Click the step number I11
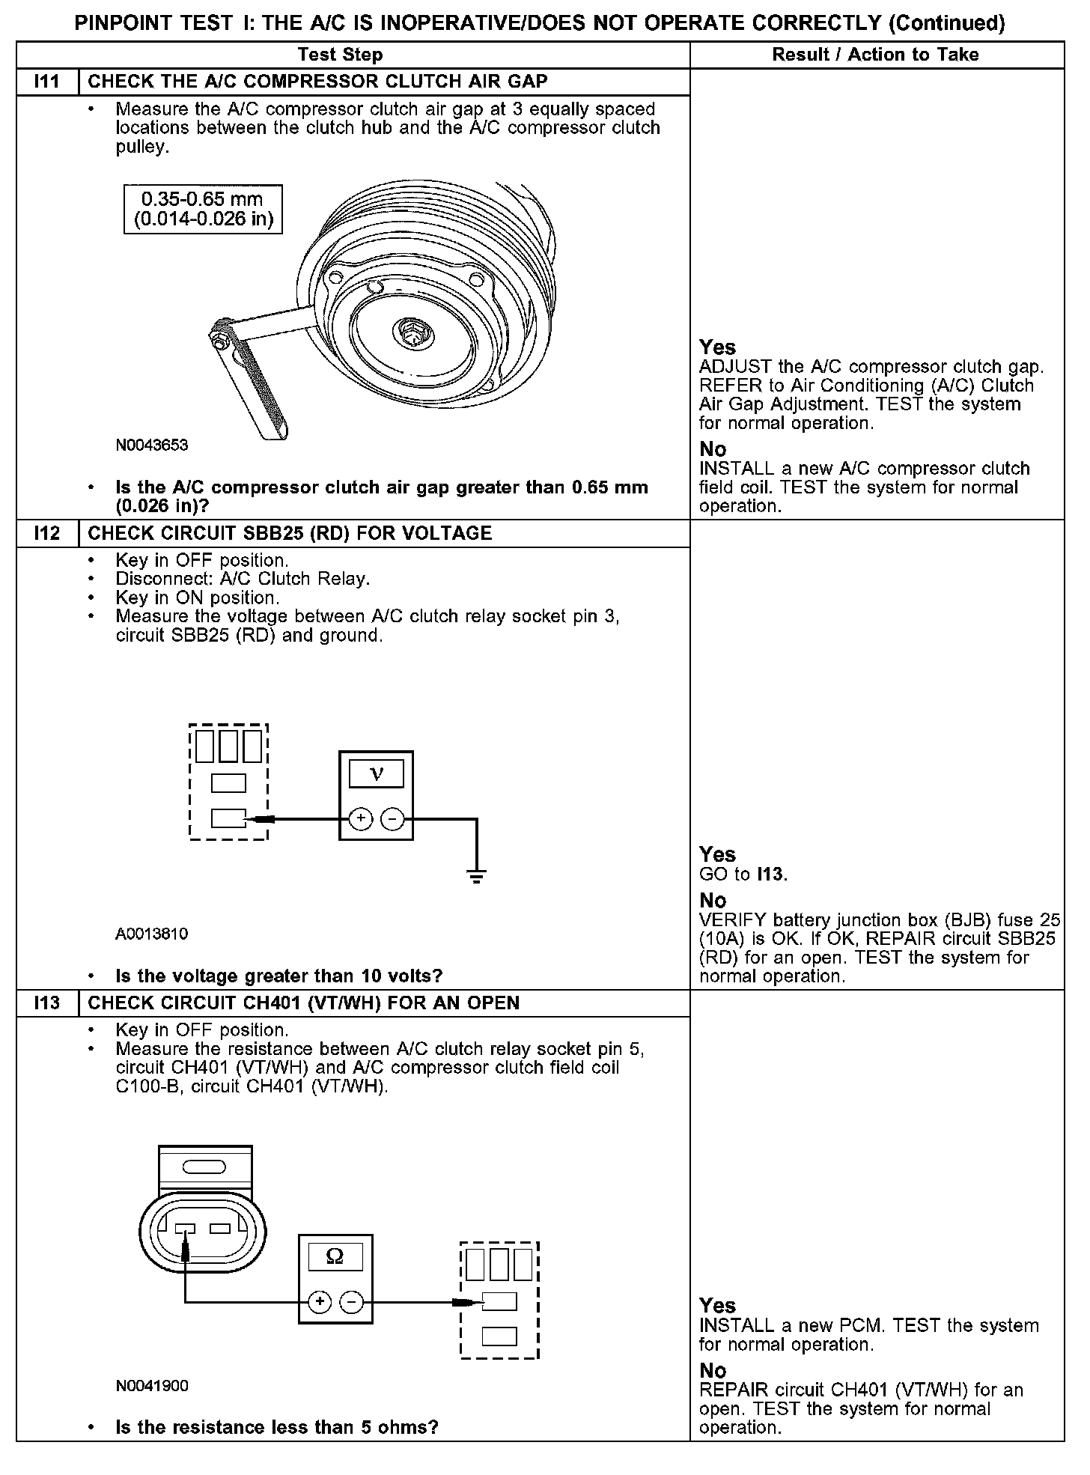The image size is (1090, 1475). tap(46, 82)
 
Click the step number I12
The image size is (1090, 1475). tap(46, 533)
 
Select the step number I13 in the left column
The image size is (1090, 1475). tap(46, 1003)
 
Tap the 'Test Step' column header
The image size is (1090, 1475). tap(340, 55)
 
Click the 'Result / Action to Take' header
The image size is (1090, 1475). tap(875, 55)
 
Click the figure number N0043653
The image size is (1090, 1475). tap(152, 445)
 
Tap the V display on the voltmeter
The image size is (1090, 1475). tap(377, 773)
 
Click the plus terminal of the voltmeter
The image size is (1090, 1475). tap(361, 819)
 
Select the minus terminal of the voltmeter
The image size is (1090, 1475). tap(392, 819)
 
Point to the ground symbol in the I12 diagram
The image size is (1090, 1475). tap(476, 875)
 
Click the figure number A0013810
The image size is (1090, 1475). tap(152, 934)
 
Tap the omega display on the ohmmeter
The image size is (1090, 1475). tap(335, 1256)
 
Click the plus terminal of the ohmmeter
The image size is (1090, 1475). tap(320, 1302)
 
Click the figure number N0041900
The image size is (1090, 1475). tap(152, 1386)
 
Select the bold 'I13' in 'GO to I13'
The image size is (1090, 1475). tap(771, 874)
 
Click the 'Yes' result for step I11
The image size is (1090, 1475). tap(717, 347)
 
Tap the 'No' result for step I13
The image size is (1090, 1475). tap(713, 1370)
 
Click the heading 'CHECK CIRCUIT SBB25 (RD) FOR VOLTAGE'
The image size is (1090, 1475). tap(290, 533)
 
